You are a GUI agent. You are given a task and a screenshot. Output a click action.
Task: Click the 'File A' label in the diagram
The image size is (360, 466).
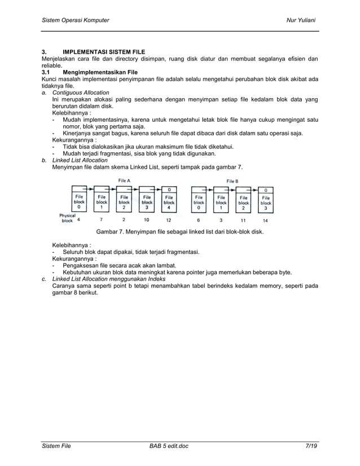(124, 181)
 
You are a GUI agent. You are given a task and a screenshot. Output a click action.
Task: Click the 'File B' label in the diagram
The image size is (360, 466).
(232, 181)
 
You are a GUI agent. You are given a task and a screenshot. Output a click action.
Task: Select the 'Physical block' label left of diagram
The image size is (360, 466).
(67, 218)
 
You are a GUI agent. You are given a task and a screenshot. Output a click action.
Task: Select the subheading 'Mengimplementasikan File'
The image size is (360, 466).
(100, 72)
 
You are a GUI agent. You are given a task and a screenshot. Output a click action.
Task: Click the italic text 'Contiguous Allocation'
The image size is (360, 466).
(81, 92)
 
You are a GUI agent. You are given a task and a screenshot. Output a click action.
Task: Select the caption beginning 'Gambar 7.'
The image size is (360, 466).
(180, 232)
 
